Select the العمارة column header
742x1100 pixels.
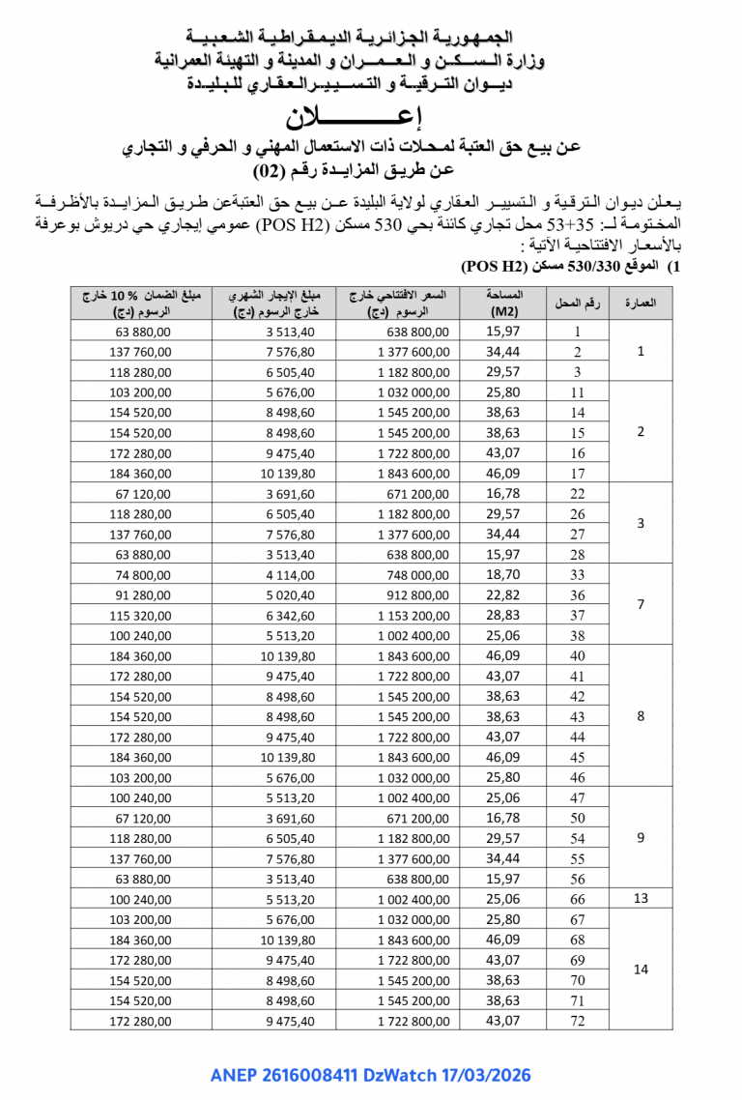642,304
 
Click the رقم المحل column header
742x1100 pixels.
577,304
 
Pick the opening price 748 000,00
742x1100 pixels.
413,575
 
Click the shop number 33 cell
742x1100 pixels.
577,575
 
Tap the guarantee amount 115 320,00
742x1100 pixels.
141,616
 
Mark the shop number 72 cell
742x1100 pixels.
577,1021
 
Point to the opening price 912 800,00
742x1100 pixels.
413,595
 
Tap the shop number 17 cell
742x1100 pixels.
577,474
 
